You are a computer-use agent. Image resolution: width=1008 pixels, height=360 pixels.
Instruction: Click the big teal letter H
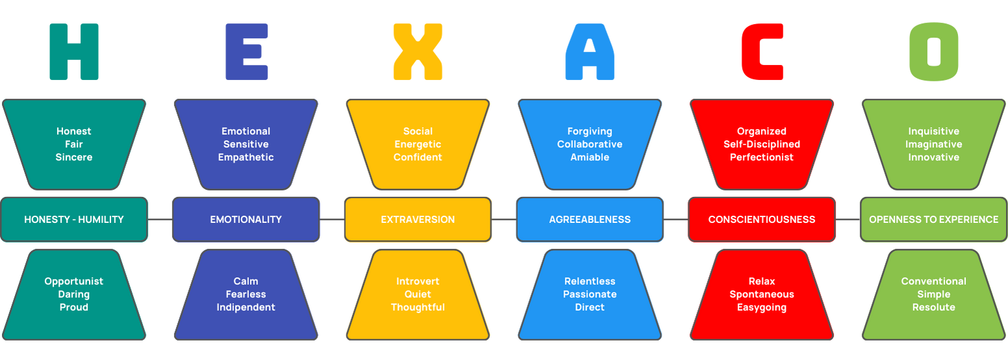[x=74, y=52]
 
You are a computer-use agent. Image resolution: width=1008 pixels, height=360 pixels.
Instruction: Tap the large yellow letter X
[x=418, y=52]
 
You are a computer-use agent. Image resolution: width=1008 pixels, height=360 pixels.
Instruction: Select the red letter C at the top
[x=762, y=52]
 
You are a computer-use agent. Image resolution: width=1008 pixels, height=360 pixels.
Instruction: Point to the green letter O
[x=934, y=52]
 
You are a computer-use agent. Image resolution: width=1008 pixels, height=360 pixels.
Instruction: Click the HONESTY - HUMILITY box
[x=74, y=220]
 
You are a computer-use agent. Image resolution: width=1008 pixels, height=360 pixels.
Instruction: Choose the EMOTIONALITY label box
[x=246, y=220]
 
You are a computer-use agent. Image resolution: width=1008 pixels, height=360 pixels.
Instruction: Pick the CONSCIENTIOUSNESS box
[x=762, y=220]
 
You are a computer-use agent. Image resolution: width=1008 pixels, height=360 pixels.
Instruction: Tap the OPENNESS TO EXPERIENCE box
[x=934, y=220]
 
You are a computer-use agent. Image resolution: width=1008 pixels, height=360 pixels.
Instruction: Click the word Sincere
[x=74, y=157]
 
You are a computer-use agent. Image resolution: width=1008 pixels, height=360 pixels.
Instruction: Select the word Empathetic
[x=246, y=157]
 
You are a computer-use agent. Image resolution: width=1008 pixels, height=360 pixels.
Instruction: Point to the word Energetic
[x=418, y=144]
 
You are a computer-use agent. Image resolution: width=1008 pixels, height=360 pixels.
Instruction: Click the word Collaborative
[x=589, y=144]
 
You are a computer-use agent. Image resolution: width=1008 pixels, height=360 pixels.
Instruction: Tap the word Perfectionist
[x=762, y=157]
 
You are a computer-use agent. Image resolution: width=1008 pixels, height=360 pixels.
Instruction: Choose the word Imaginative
[x=934, y=144]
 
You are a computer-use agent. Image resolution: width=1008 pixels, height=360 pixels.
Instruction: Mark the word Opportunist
[x=74, y=282]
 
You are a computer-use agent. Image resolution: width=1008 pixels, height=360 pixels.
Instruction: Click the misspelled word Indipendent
[x=246, y=307]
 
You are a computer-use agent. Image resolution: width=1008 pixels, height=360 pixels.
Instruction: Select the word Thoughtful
[x=418, y=307]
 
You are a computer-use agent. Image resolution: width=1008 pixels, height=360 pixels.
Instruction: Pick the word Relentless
[x=589, y=281]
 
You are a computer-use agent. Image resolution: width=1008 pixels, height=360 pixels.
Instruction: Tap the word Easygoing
[x=762, y=308]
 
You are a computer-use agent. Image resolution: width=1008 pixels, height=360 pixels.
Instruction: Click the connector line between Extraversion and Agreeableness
[x=504, y=220]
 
